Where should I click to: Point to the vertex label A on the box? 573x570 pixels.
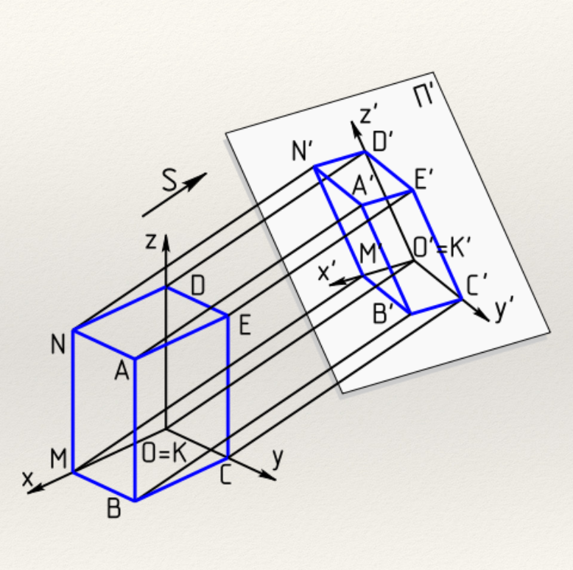pyautogui.click(x=122, y=370)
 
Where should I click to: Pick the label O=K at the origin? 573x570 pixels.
pyautogui.click(x=164, y=454)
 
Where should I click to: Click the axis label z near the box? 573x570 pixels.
pyautogui.click(x=151, y=242)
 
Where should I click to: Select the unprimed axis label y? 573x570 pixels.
pyautogui.click(x=277, y=459)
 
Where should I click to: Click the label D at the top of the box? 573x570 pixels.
pyautogui.click(x=197, y=286)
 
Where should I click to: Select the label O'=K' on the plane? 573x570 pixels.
pyautogui.click(x=440, y=249)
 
